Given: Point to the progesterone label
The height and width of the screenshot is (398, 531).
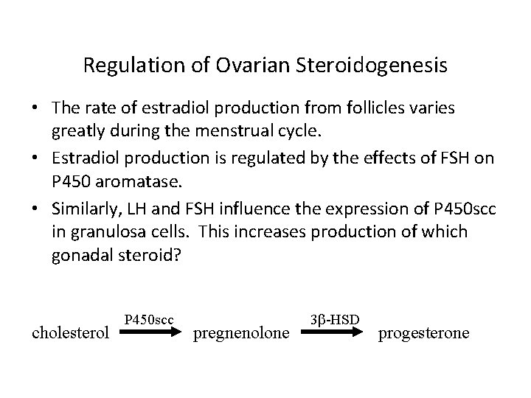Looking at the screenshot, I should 423,334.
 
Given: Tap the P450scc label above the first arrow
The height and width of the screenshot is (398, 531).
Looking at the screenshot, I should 149,319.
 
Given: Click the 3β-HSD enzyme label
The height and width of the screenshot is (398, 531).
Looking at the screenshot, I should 335,319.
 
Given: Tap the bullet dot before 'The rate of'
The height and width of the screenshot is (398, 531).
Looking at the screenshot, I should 35,108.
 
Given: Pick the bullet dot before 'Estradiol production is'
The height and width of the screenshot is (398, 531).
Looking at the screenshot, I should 35,160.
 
